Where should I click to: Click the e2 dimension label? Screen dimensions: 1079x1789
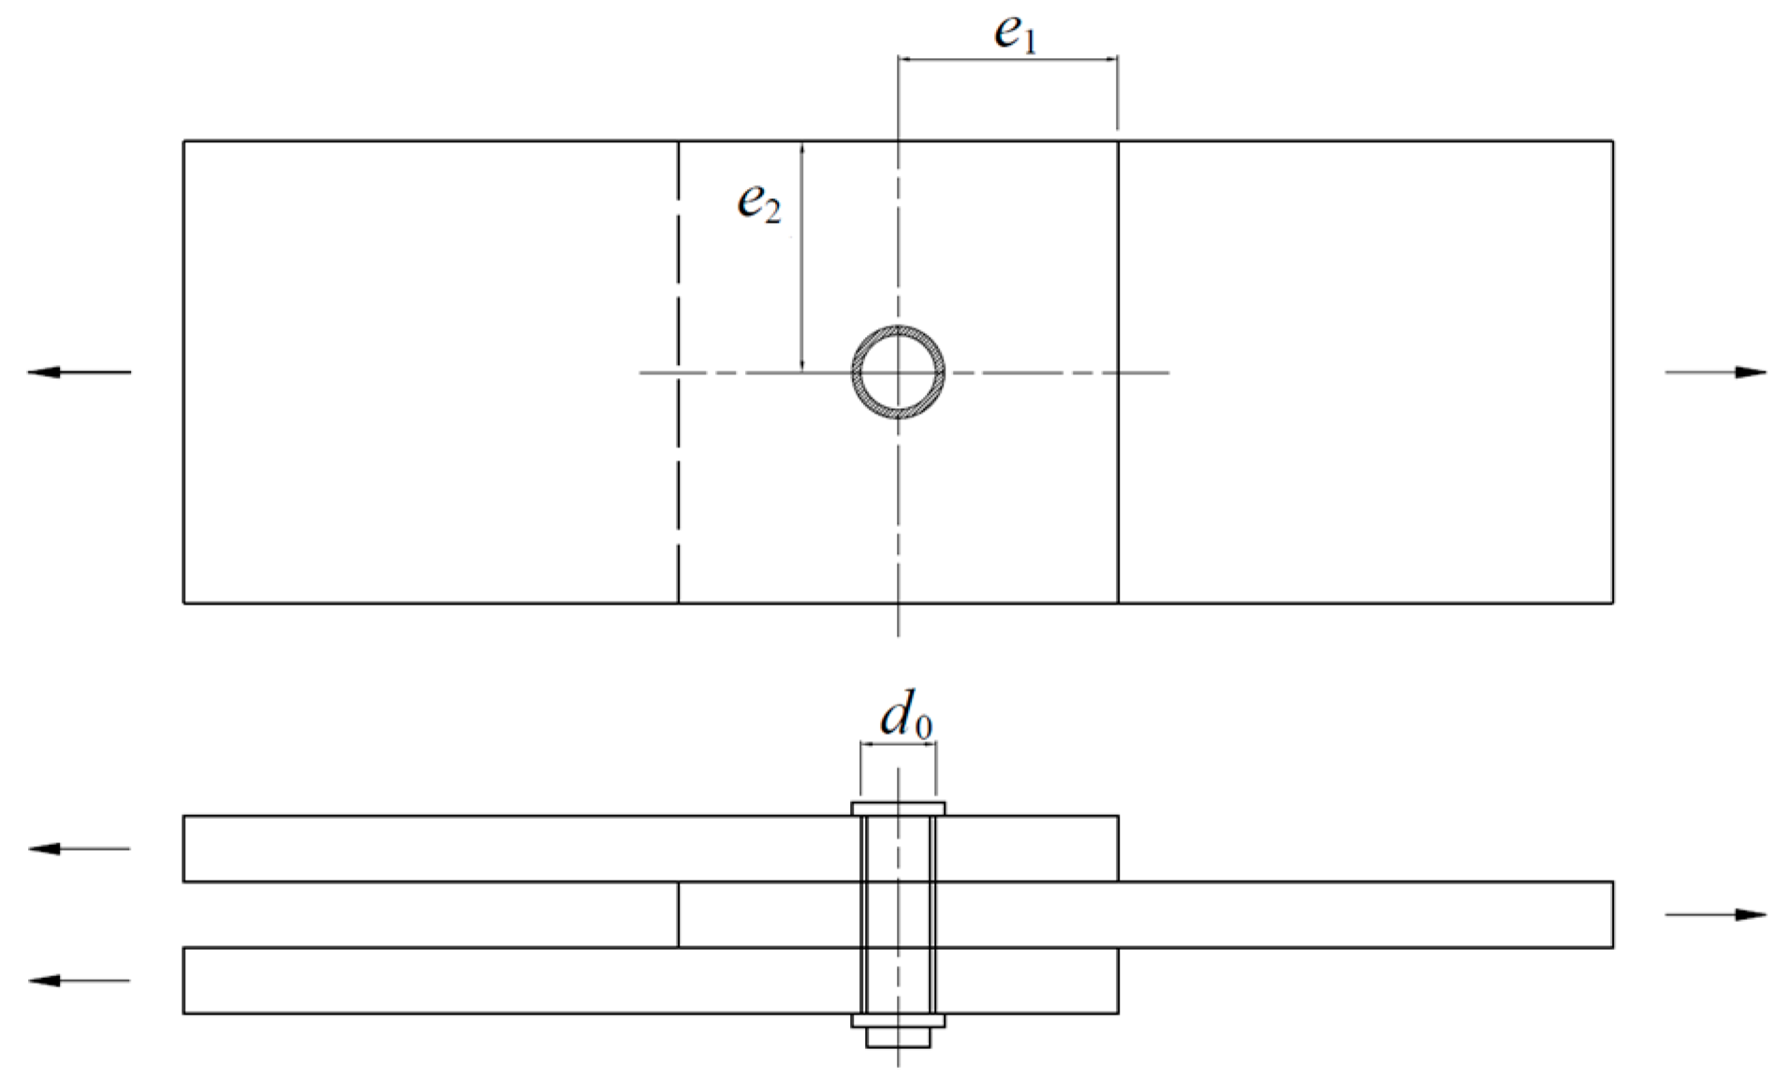(758, 202)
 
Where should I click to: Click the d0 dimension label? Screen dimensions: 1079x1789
(905, 719)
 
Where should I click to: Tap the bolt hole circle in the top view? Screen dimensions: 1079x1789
(898, 372)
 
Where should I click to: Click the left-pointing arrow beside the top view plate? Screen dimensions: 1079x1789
(80, 372)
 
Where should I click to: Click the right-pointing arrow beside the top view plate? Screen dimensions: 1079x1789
(1715, 372)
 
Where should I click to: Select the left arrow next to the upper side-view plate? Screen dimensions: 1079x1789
(80, 849)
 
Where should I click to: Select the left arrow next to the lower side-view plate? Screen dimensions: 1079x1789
(80, 981)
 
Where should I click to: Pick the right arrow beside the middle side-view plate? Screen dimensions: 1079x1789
(1715, 914)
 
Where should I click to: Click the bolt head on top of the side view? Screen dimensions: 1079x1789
(898, 808)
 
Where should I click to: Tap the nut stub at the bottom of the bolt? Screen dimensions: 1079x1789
(898, 1037)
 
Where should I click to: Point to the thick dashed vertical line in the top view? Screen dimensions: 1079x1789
(678, 468)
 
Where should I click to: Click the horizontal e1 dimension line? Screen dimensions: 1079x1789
(1007, 60)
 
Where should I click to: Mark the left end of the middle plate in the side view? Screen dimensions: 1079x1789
(679, 914)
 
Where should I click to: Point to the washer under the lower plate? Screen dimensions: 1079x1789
(898, 1020)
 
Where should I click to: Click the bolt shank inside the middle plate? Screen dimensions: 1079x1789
(898, 914)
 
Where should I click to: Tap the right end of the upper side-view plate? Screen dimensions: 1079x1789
(1117, 849)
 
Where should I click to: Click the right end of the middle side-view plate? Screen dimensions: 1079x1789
(1611, 914)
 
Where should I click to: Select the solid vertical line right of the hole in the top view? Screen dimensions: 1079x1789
(1118, 487)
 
